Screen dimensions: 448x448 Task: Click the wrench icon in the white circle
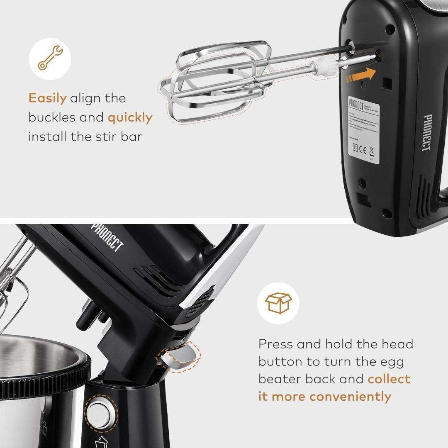tap(50, 58)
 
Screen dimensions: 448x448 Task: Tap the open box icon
tap(278, 303)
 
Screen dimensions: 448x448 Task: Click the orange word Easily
tap(47, 98)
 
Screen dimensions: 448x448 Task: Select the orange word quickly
tap(130, 118)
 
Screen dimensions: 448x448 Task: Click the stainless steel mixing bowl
tap(37, 373)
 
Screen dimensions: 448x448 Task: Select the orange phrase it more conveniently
tap(324, 397)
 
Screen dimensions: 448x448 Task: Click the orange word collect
tap(389, 379)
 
